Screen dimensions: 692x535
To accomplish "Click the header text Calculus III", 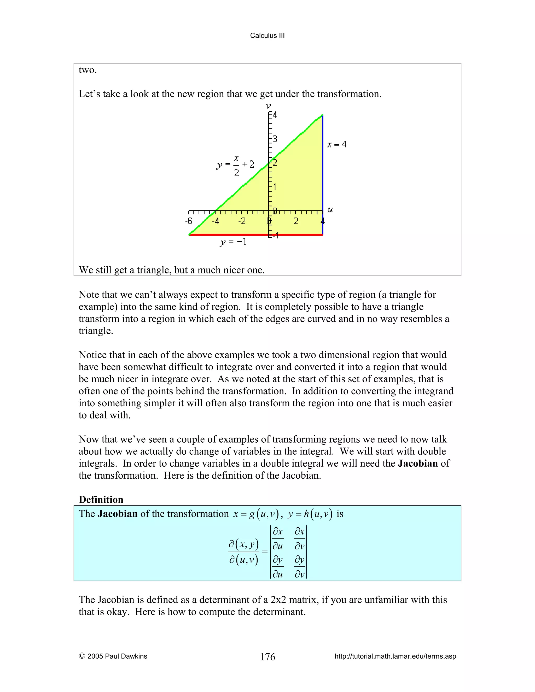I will coord(267,36).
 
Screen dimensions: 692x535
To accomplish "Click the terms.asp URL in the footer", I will coord(395,656).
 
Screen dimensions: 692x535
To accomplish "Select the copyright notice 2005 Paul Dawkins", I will coord(113,656).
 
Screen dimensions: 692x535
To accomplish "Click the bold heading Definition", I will coord(101,499).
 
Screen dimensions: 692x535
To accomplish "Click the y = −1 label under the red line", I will coord(233,242).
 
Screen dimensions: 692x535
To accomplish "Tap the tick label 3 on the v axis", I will coord(275,139).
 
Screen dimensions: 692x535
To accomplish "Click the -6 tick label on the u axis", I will coord(189,221).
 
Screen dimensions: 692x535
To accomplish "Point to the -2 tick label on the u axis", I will coord(242,221).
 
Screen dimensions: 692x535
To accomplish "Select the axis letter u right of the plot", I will coord(330,209).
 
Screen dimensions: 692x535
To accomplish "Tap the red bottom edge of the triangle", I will coord(254,235).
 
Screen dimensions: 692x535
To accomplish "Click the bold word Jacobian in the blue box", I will coord(117,514).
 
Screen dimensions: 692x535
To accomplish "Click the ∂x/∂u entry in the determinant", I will coord(278,538).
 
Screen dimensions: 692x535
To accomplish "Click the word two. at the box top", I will coord(88,70).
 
